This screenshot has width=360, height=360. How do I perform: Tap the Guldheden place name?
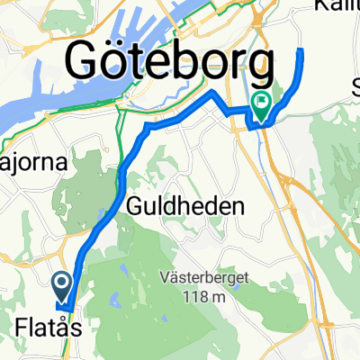(x=186, y=206)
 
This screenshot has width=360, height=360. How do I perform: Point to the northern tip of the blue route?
(x=301, y=50)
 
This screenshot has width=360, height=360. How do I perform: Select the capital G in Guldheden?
(x=136, y=206)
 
